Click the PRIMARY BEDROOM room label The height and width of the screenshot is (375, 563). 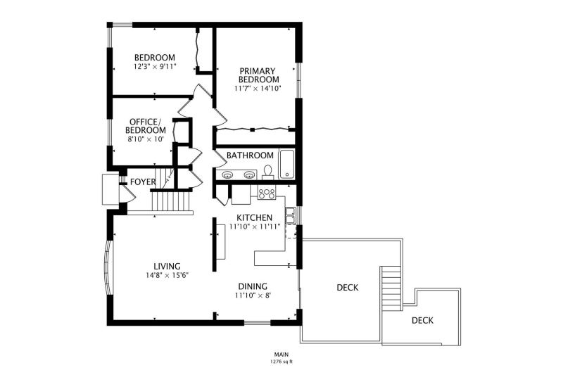258,75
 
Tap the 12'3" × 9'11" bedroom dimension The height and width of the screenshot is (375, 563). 155,66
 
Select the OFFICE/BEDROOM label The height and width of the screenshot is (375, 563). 146,126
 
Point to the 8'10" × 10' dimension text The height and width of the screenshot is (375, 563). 146,139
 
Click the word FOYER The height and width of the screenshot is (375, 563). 143,182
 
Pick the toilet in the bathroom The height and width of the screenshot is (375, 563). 268,172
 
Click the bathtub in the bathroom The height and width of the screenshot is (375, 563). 287,164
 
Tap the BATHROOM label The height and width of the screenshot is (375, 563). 250,155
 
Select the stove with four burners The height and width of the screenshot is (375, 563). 267,193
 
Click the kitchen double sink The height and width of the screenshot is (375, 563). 290,215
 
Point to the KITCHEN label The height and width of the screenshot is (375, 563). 254,217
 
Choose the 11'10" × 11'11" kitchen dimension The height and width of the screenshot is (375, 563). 255,227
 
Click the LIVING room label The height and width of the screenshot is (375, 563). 167,266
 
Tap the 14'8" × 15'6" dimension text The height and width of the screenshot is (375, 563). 167,275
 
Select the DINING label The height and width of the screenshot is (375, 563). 253,286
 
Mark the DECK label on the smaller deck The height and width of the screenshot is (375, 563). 422,320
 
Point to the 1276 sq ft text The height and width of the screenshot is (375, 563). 281,362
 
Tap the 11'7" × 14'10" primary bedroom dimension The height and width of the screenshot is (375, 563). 258,88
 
